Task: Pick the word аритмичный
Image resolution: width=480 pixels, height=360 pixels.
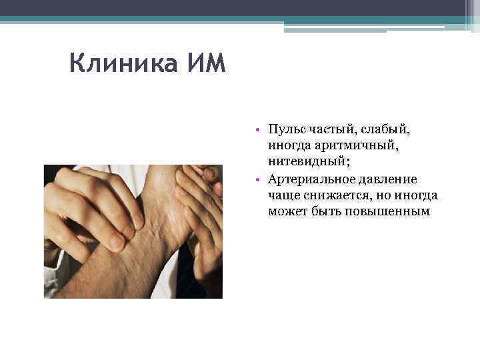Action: coord(346,145)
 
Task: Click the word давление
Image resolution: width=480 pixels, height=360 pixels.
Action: coord(384,179)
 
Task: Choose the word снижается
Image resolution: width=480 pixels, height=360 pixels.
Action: coord(331,195)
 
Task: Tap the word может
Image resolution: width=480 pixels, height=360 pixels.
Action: coord(284,212)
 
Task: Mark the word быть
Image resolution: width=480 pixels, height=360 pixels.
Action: coord(323,212)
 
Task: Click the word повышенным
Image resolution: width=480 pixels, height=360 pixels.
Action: coord(387,212)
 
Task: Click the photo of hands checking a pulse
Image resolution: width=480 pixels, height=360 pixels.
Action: coord(133,231)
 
